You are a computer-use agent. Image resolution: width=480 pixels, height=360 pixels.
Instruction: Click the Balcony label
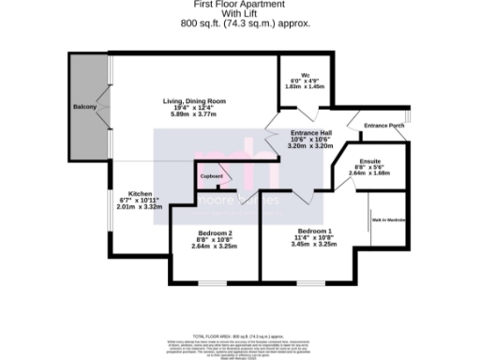point(85,108)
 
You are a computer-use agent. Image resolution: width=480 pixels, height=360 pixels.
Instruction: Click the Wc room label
point(306,75)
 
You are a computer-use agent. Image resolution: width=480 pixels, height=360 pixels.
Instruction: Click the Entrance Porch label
point(382,125)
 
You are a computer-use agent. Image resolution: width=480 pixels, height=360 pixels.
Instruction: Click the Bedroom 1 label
point(315,231)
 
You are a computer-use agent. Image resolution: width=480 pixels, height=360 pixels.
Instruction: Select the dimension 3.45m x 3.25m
point(315,245)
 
